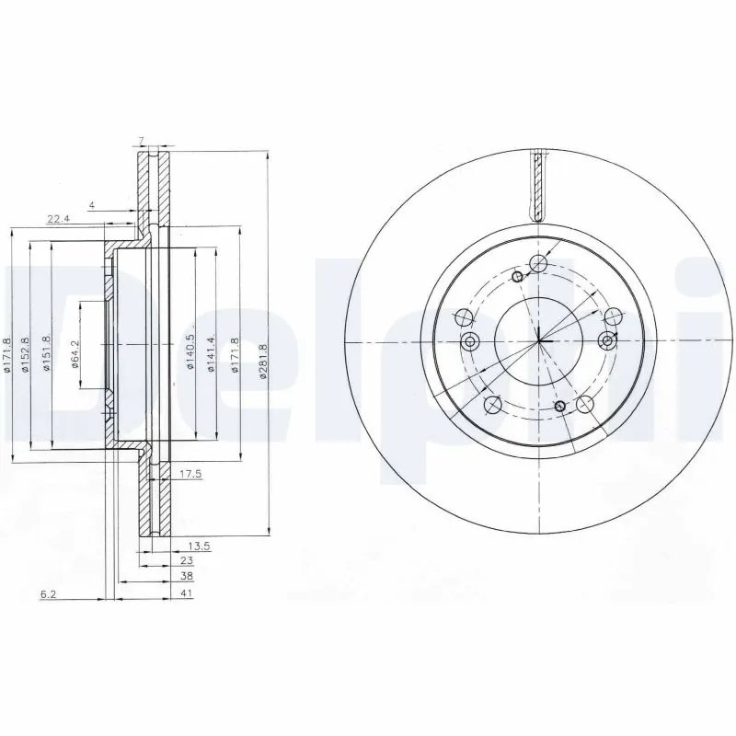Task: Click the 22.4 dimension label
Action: coord(58,218)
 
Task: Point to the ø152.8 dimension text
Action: coord(26,354)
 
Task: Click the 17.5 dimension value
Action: coord(190,475)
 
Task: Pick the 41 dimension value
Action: coord(187,594)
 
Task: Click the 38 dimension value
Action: coord(187,576)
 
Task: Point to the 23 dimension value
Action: coord(187,560)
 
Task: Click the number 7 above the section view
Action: coord(141,141)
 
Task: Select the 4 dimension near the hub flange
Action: coord(93,204)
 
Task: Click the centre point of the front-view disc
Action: coord(539,342)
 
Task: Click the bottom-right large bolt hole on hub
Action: coord(583,403)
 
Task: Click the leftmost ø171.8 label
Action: coord(6,354)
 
